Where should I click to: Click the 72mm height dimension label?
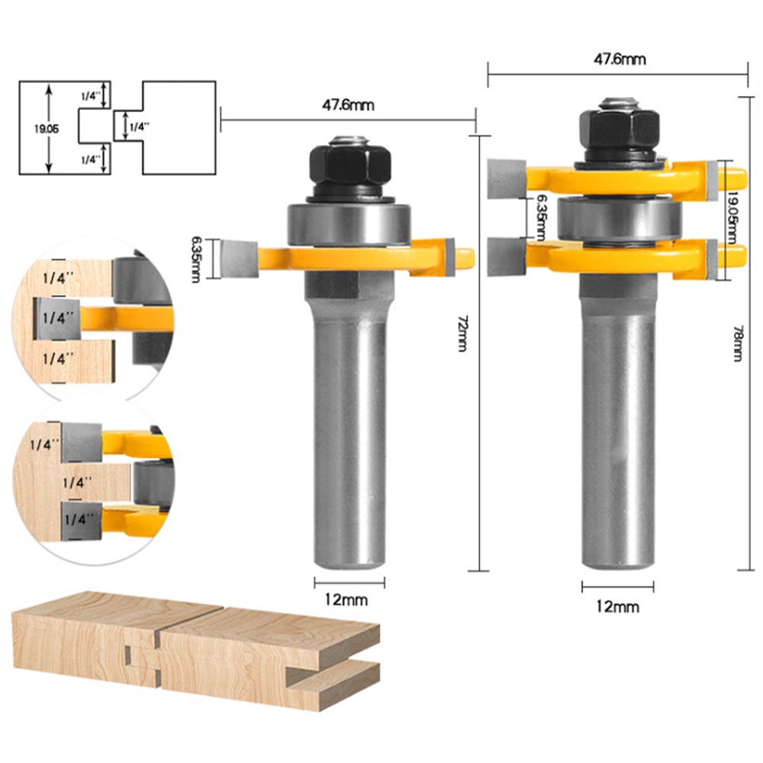[462, 333]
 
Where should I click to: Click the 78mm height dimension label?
[737, 343]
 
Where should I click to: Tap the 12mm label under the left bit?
[346, 600]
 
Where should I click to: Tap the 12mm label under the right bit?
[617, 607]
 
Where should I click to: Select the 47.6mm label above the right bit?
[620, 60]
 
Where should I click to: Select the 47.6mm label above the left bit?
[348, 105]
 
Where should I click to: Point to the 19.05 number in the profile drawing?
[47, 129]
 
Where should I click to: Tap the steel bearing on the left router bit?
[349, 224]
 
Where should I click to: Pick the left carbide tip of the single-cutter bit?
[239, 259]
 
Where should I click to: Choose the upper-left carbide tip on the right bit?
[507, 179]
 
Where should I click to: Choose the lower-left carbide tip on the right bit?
[507, 256]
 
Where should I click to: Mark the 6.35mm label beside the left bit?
[196, 259]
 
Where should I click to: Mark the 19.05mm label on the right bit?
[732, 217]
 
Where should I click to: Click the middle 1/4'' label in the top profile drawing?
[140, 127]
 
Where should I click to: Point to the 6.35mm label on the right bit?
[540, 217]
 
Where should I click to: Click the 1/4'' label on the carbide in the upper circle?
[59, 318]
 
